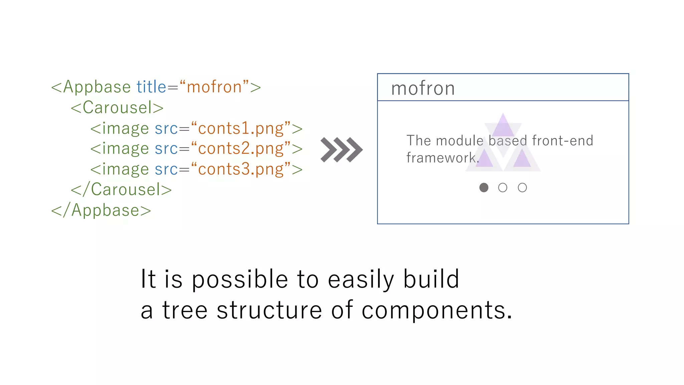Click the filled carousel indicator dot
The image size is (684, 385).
pos(484,187)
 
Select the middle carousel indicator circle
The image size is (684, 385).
pos(503,187)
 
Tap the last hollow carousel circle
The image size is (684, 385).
pos(522,187)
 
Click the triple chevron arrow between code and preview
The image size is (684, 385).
pos(341,149)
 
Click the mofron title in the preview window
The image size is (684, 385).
pos(423,88)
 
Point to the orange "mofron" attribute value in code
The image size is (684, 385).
pos(214,87)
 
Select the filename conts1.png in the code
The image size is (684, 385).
pos(241,129)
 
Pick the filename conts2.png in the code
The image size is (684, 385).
pos(241,149)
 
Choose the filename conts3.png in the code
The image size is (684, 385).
pos(241,169)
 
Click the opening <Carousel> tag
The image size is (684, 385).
pos(117,108)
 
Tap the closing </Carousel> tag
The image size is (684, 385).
pos(121,189)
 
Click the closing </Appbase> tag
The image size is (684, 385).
pos(101,211)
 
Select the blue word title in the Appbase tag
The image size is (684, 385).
pos(151,87)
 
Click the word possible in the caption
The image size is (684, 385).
pos(239,279)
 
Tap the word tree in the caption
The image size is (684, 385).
pos(185,310)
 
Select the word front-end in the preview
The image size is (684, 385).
pos(562,141)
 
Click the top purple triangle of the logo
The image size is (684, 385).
pos(503,126)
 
